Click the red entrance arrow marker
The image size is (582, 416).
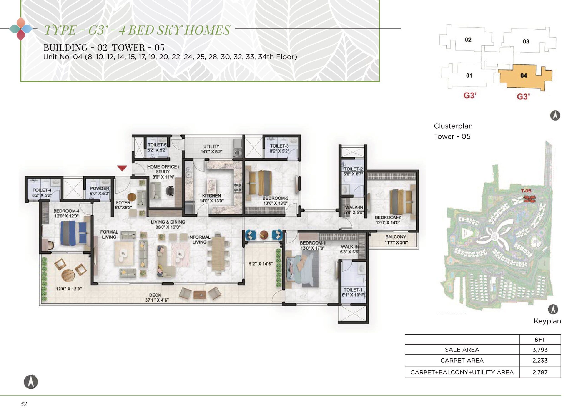(122, 168)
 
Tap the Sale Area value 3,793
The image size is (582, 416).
(539, 349)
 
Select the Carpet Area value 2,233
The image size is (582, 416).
(539, 361)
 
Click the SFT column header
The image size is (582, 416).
(540, 340)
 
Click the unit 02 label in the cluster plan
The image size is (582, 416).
(468, 40)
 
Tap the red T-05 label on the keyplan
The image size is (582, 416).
(526, 191)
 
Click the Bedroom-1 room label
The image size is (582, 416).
(312, 243)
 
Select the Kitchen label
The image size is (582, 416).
(211, 195)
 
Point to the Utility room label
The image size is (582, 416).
(211, 146)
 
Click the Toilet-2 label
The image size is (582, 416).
(353, 169)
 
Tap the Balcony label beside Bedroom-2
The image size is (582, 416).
(396, 237)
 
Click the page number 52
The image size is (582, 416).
(24, 404)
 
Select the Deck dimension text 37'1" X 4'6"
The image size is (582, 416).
(157, 300)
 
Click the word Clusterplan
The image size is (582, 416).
(453, 126)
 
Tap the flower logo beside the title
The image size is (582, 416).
(21, 29)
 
